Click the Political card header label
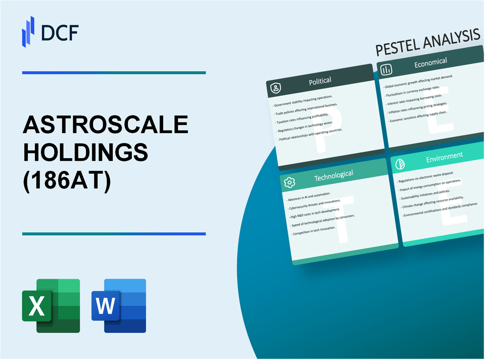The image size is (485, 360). coord(320,81)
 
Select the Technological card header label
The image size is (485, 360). coord(334,175)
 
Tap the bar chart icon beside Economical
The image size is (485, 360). coord(387,70)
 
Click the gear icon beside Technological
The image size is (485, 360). coord(289,182)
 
